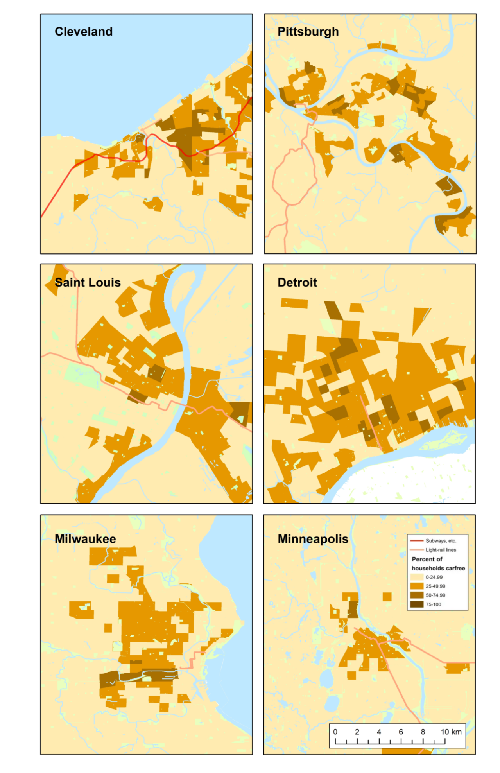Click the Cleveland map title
83,31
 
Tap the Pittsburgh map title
308,31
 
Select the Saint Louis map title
88,282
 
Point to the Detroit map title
297,282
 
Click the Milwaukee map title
85,539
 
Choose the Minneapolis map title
313,539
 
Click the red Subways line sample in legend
417,541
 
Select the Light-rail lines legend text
441,550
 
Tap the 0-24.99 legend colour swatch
417,577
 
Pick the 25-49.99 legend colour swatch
417,586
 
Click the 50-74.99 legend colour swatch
417,595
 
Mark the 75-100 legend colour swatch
417,604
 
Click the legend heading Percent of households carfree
438,563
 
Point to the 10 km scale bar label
451,732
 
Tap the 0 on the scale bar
335,732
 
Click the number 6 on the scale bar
401,732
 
